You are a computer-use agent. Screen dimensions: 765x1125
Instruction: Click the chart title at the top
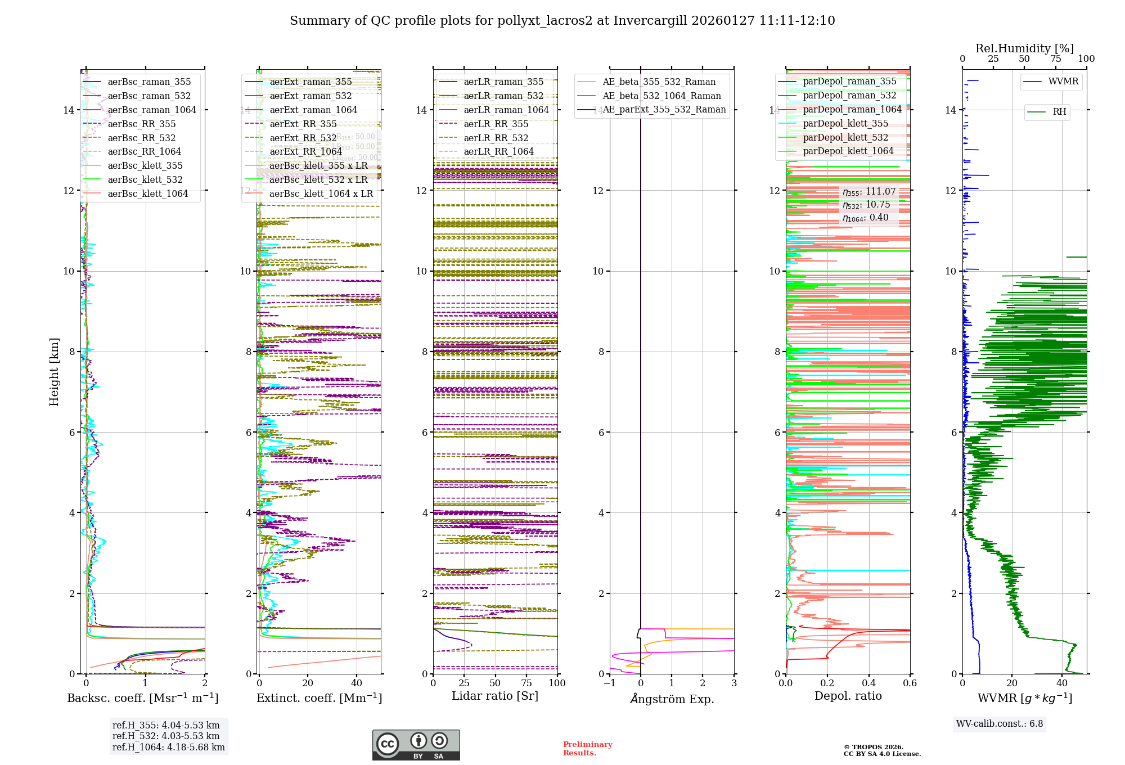click(x=562, y=21)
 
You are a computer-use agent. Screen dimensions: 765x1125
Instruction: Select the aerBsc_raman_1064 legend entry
click(x=152, y=110)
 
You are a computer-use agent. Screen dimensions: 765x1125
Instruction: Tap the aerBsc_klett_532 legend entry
click(x=145, y=179)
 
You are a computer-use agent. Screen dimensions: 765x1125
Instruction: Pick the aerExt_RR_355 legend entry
click(x=303, y=124)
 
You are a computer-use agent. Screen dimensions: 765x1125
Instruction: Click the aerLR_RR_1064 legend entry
click(x=498, y=151)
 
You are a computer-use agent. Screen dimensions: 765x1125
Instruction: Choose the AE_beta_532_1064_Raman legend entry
click(x=661, y=96)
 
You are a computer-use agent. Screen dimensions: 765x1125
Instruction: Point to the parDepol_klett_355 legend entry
click(x=845, y=123)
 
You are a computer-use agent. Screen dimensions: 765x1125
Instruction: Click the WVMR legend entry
click(x=1063, y=82)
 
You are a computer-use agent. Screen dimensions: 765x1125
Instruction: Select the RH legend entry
click(x=1059, y=112)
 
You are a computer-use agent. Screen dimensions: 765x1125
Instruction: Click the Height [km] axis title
click(x=54, y=372)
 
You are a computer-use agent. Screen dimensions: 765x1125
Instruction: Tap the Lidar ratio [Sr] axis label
click(x=495, y=696)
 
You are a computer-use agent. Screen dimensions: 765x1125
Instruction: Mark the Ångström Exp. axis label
click(x=672, y=699)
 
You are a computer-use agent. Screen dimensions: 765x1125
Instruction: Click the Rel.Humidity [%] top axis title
click(x=1024, y=48)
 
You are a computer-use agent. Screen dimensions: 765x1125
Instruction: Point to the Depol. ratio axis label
click(x=848, y=696)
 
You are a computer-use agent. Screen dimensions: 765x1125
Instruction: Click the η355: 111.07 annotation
click(x=868, y=192)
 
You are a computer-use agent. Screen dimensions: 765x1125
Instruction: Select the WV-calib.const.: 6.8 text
click(x=999, y=724)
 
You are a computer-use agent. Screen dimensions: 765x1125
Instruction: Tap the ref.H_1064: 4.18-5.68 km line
click(x=168, y=747)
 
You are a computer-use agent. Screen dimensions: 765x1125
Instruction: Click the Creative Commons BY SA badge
click(x=416, y=745)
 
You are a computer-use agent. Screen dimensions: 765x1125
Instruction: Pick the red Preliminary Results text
click(x=587, y=748)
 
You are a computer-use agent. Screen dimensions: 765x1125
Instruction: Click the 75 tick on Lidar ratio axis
click(x=526, y=683)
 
